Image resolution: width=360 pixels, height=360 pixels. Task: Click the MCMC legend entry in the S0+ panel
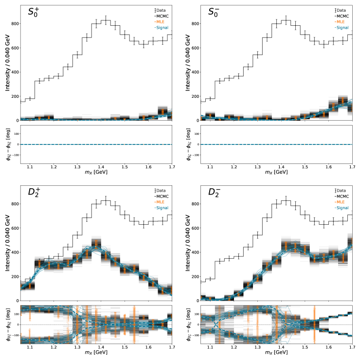coord(162,16)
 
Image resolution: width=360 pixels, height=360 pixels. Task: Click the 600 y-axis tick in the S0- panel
coord(192,48)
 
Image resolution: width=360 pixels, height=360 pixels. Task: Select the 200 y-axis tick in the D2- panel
coord(192,276)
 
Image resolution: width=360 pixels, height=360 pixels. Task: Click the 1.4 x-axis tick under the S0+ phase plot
coord(101,167)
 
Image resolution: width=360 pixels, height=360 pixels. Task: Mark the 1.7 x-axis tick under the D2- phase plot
coord(352,347)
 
